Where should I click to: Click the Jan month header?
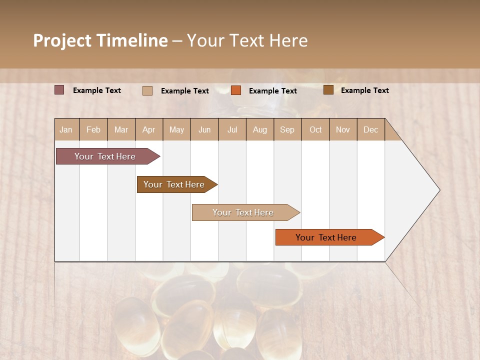pos(66,129)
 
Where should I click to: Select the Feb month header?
pos(93,129)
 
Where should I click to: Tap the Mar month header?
pos(121,129)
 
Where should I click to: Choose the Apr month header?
pos(149,129)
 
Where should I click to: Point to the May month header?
pos(176,129)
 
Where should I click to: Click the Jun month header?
pos(204,129)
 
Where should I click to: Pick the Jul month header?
pos(232,129)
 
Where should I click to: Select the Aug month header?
pos(260,129)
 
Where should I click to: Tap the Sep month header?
pos(287,129)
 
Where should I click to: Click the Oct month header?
pos(315,129)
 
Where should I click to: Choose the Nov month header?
pos(343,129)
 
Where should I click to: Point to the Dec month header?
pos(370,129)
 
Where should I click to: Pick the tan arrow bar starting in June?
pos(243,212)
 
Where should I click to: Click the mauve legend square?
pos(59,90)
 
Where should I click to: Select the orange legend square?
pos(236,90)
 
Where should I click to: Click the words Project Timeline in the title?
pos(100,40)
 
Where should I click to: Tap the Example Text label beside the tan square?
pos(184,91)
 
